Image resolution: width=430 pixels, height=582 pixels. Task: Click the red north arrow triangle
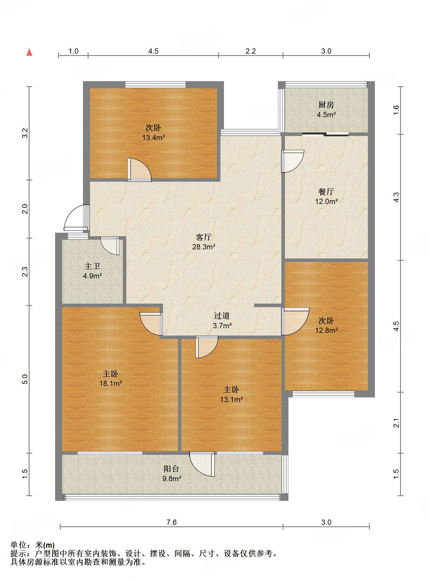tap(29, 52)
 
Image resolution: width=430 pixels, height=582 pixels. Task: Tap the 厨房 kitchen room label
tap(326, 105)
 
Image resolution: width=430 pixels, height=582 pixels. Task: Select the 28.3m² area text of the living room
tap(204, 247)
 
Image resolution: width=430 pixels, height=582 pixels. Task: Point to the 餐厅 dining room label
tap(326, 192)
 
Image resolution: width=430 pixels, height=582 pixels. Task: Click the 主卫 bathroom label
tap(92, 266)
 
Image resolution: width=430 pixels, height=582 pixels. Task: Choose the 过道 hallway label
tap(222, 316)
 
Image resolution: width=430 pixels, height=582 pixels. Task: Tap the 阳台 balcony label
tap(171, 469)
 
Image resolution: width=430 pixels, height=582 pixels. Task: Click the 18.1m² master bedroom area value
tap(111, 383)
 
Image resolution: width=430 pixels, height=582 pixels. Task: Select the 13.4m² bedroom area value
tap(153, 137)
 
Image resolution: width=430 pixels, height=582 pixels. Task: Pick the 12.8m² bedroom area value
tap(326, 330)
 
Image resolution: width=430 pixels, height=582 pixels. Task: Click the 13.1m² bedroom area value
tap(231, 399)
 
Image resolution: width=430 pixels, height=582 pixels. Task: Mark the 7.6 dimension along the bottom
tap(171, 523)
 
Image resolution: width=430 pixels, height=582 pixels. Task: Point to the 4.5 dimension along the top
tap(153, 51)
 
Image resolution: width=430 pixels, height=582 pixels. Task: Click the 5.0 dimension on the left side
tap(25, 379)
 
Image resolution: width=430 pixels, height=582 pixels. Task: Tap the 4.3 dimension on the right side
tap(396, 197)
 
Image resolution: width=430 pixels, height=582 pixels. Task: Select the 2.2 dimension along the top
tap(251, 51)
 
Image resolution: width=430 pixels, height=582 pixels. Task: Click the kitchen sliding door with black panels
tap(325, 135)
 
